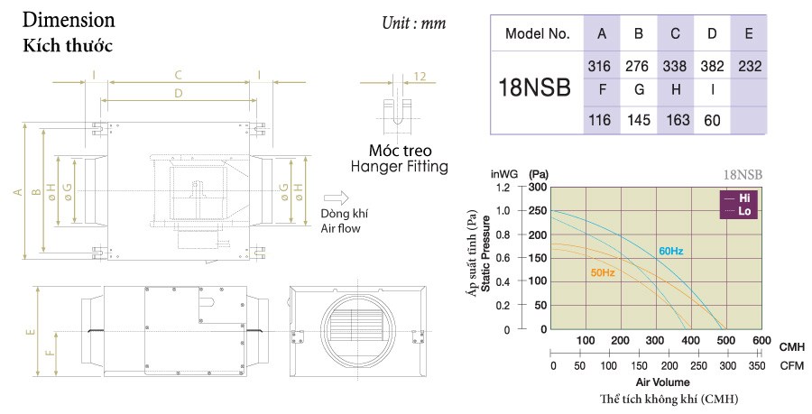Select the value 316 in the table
point(601,66)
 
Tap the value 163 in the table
point(676,118)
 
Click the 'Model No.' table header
point(538,34)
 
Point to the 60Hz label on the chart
point(669,249)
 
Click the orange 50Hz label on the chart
point(603,271)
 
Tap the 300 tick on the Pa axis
point(538,188)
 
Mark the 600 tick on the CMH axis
point(761,341)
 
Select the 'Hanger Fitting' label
point(399,167)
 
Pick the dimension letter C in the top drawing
point(179,75)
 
